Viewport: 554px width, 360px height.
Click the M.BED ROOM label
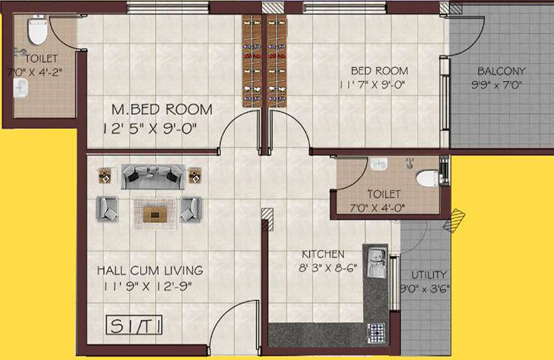click(162, 110)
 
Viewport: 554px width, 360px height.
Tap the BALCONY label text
click(501, 71)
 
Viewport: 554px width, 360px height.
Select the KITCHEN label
click(323, 254)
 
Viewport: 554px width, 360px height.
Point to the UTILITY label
click(429, 275)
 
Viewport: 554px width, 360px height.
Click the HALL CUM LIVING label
click(150, 271)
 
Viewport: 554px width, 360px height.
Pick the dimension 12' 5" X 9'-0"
click(149, 128)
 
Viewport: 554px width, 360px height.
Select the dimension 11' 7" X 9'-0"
click(372, 85)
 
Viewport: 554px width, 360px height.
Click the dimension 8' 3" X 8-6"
click(328, 268)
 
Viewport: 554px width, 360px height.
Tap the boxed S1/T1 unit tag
click(134, 325)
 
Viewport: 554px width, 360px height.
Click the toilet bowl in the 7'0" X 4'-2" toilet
click(37, 31)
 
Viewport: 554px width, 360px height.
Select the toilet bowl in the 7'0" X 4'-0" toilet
click(428, 178)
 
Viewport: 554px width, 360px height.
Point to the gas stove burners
click(376, 333)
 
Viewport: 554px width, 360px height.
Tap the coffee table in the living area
click(155, 215)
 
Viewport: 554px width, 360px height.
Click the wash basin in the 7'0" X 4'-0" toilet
click(379, 164)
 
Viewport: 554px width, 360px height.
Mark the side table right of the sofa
click(195, 175)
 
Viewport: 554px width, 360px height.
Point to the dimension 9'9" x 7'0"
click(497, 85)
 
